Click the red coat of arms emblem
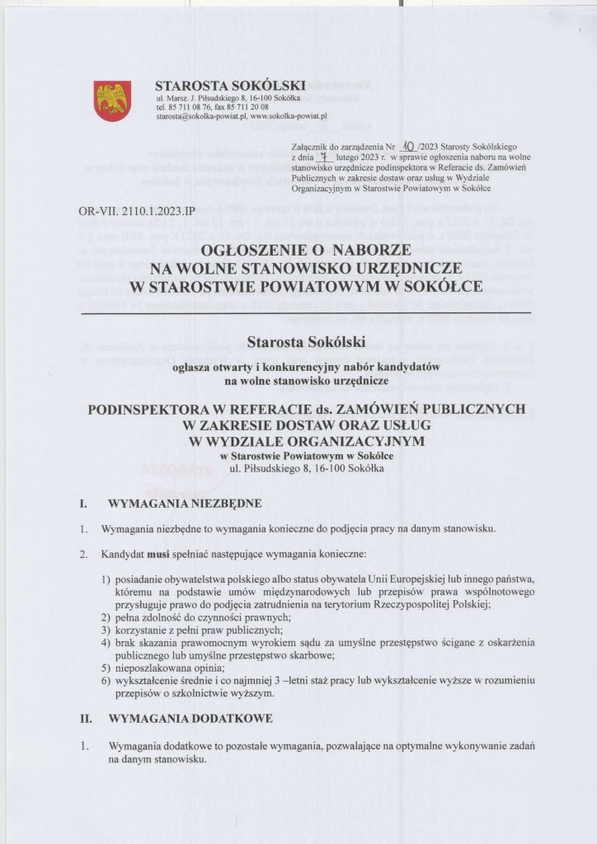pos(111,101)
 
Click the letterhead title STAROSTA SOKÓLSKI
pos(230,86)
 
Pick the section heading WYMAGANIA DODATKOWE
pos(190,719)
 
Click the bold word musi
pos(157,554)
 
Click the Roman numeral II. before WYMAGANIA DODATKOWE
pos(84,719)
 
